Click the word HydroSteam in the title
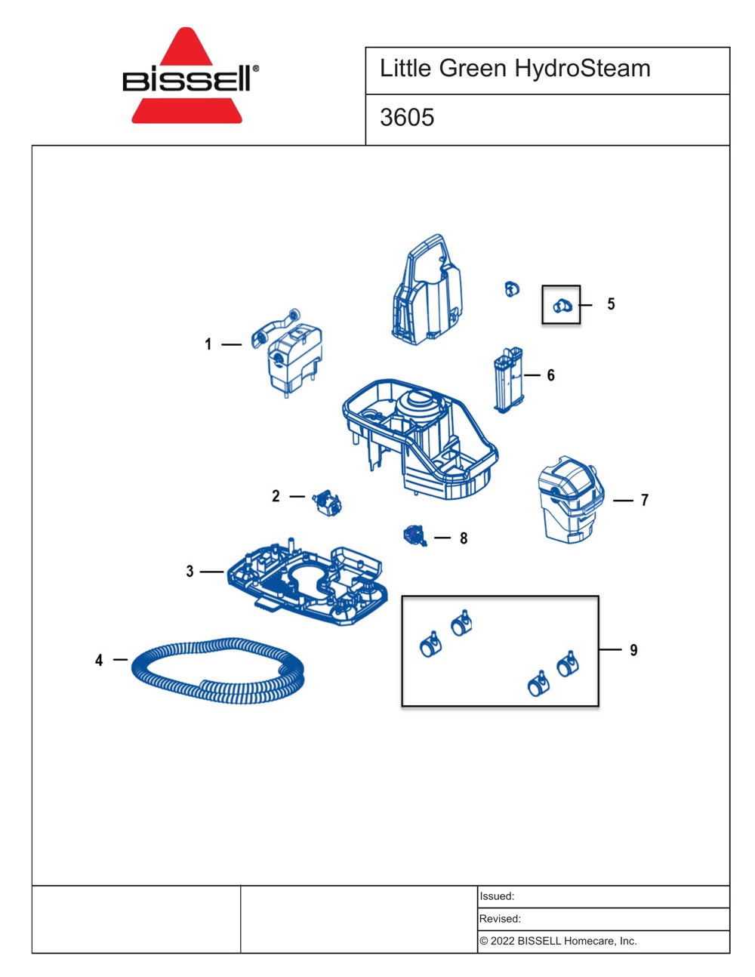[x=582, y=69]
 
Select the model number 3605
[x=407, y=117]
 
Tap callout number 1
[x=208, y=344]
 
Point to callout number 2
[x=276, y=496]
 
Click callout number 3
[x=190, y=572]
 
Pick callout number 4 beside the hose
[x=99, y=660]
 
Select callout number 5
[x=611, y=304]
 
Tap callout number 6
[x=550, y=375]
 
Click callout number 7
[x=645, y=500]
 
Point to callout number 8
[x=464, y=538]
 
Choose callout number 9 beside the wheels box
[x=633, y=650]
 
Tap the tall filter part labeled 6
[x=509, y=380]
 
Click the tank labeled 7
[x=572, y=500]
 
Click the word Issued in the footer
[x=497, y=896]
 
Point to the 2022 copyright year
[x=502, y=941]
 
